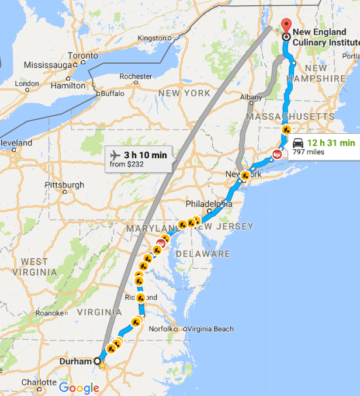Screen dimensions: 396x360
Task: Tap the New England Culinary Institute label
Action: click(326, 37)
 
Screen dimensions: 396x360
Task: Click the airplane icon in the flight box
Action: click(114, 155)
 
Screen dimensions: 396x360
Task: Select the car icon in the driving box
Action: click(298, 143)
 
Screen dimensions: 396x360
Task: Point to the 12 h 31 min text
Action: click(331, 143)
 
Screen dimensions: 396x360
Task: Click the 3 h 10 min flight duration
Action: click(145, 155)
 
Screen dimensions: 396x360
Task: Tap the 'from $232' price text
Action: click(127, 165)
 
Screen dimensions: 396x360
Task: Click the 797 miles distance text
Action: click(308, 152)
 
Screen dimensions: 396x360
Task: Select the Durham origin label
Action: click(75, 361)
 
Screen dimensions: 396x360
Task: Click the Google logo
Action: click(79, 388)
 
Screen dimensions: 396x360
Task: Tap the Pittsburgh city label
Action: click(64, 185)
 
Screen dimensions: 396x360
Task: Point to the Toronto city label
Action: click(82, 56)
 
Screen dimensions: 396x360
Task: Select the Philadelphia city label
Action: click(209, 204)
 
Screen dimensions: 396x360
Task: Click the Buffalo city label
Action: click(113, 93)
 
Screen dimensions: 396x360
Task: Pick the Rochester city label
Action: click(136, 77)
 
